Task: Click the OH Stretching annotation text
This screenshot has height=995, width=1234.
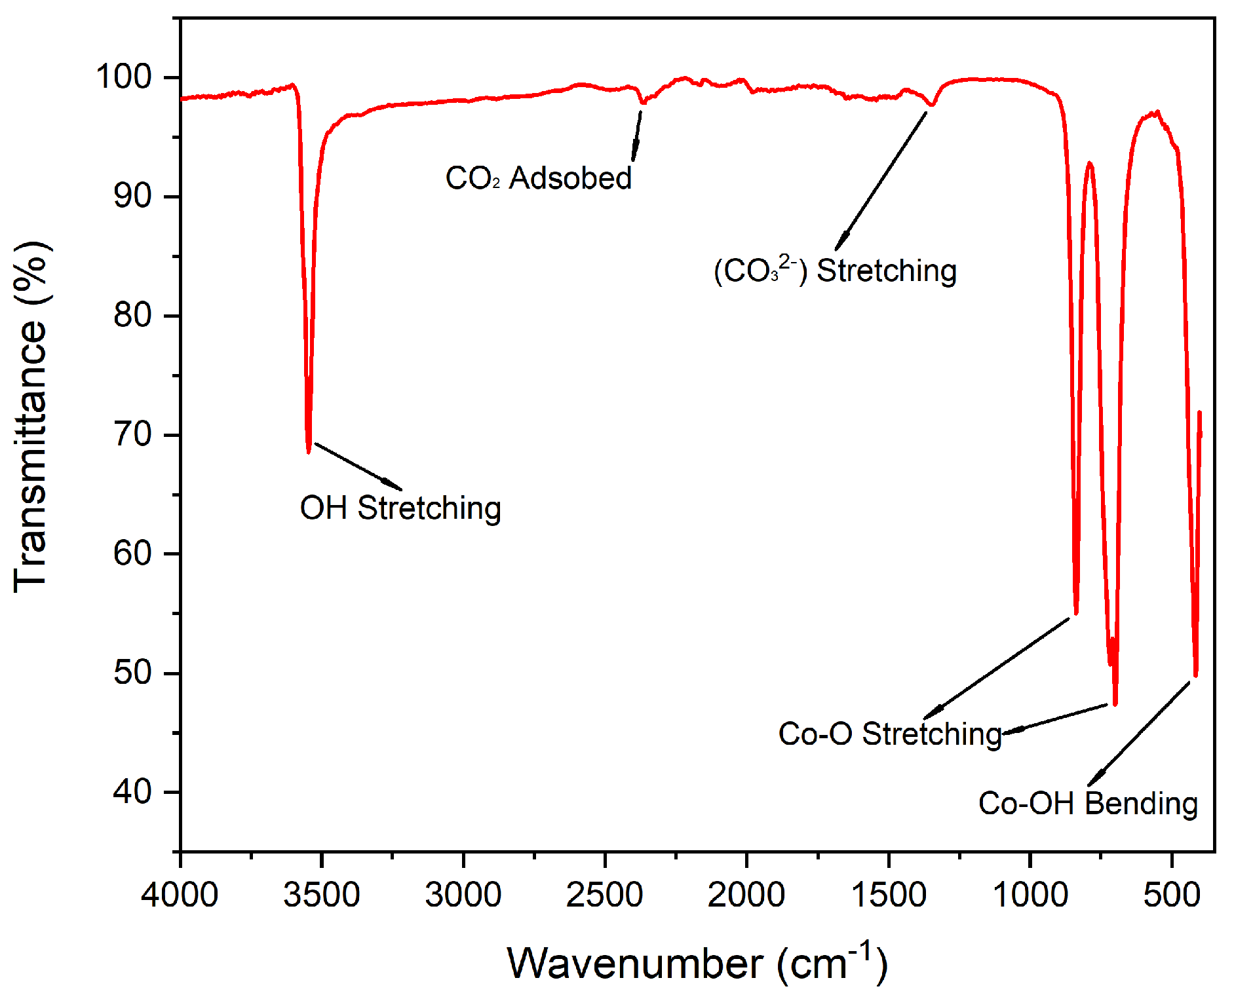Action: click(400, 508)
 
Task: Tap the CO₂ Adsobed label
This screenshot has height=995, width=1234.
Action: click(538, 178)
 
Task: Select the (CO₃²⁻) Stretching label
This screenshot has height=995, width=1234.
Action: click(836, 271)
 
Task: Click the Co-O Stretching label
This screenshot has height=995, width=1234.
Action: click(890, 734)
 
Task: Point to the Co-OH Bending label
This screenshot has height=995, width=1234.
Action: click(1088, 804)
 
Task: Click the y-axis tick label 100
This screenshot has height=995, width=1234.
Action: click(124, 77)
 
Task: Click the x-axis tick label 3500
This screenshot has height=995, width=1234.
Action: click(321, 895)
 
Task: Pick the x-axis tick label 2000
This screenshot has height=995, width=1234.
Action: click(746, 895)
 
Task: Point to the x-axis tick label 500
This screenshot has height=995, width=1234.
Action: click(1172, 895)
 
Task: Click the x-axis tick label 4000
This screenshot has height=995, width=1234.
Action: click(180, 895)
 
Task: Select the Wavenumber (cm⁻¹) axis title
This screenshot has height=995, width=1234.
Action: click(697, 963)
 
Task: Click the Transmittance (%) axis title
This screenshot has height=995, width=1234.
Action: click(31, 417)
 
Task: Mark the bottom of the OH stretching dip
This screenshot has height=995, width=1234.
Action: click(309, 451)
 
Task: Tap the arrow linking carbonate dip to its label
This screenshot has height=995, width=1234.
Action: click(881, 181)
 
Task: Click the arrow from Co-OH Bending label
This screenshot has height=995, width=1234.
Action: click(1139, 734)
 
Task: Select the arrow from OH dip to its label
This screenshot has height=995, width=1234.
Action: click(358, 466)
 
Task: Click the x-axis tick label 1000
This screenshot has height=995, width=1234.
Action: click(1030, 895)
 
